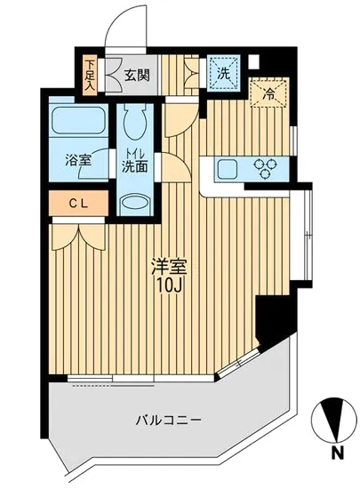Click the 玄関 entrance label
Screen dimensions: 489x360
pos(137,76)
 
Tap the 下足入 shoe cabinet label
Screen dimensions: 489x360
pos(90,76)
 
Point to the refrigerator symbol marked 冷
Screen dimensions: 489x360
pos(266,92)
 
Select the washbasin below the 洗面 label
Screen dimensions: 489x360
pos(136,203)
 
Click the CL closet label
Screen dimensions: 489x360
pos(78,204)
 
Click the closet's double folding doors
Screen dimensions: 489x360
pos(78,234)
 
